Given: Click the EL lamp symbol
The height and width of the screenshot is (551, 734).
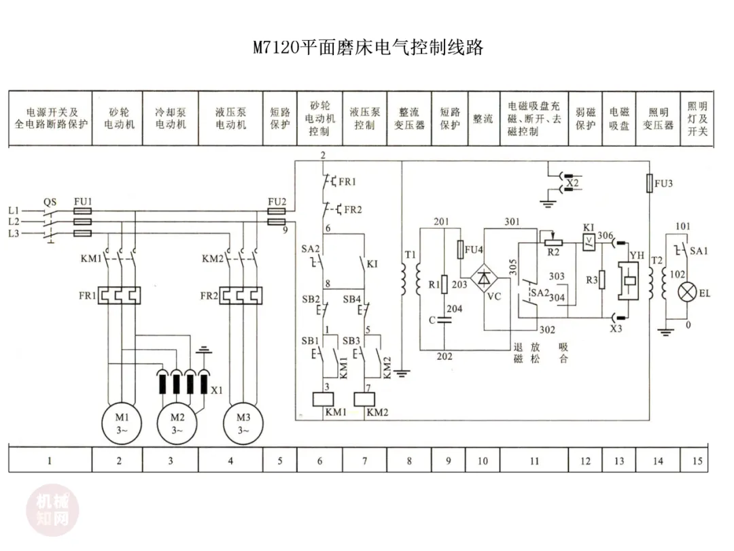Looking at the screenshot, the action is [687, 293].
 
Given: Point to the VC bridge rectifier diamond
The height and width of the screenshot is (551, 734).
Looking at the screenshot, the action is [484, 278].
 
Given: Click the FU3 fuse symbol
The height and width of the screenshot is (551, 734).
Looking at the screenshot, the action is [649, 183].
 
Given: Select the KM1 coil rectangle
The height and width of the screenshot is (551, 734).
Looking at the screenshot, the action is [323, 399].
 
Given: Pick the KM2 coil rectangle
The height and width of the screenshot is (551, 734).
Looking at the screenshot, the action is [364, 399].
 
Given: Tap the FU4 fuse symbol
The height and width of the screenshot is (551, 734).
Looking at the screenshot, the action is [460, 249].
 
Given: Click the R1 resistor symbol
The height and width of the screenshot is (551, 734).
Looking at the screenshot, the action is [444, 284].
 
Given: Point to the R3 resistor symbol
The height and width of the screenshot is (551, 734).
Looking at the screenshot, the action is [602, 280].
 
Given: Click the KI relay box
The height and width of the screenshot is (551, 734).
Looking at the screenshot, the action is [589, 242].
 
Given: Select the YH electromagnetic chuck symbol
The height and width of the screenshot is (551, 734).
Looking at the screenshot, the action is [628, 280].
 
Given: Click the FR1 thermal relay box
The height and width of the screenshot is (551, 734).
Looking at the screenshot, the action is [120, 296].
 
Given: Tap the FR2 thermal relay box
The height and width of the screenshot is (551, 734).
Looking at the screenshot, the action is [241, 296].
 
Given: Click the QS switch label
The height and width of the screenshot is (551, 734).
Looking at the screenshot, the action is [50, 202].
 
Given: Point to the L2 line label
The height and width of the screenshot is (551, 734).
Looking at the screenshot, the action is [14, 222].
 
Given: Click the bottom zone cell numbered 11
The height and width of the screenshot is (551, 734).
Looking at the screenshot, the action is [534, 460].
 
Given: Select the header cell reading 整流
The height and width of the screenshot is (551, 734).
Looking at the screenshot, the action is [483, 118].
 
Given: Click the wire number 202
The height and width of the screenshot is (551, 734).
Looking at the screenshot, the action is [444, 356].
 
